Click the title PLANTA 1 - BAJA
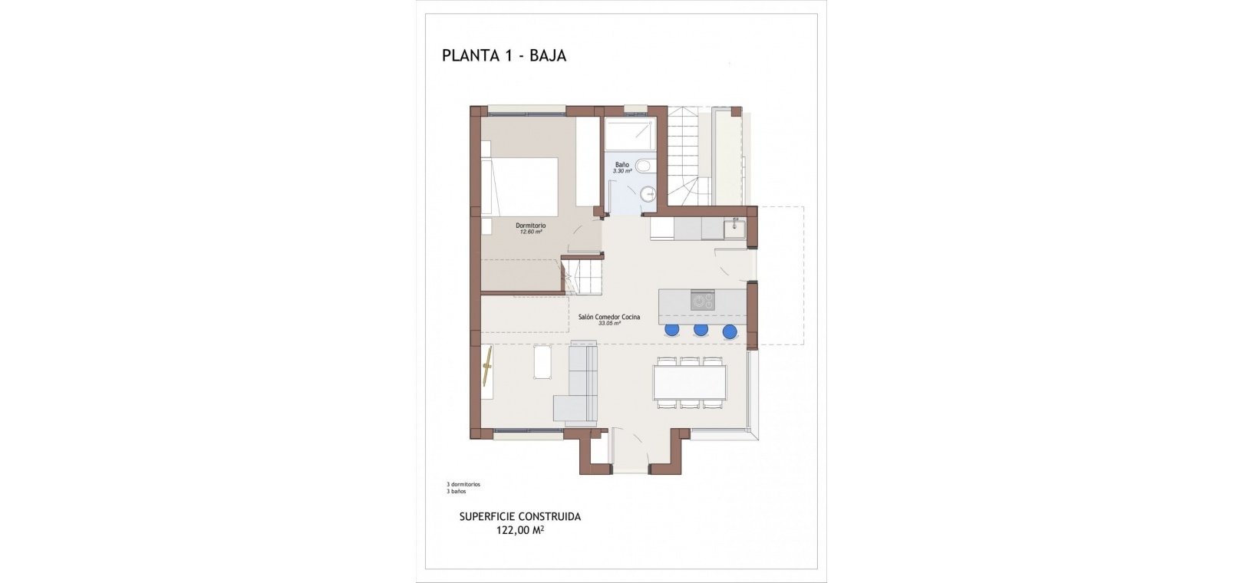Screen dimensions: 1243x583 tap(504, 55)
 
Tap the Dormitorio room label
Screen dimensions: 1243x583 tap(530, 226)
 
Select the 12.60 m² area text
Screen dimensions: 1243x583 tap(530, 232)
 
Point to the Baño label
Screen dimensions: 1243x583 tap(622, 165)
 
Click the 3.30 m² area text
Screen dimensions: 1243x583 tap(622, 171)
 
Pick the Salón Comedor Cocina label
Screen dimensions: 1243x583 tap(609, 318)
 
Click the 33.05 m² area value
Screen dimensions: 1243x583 tap(609, 324)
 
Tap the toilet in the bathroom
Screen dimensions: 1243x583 tap(645, 165)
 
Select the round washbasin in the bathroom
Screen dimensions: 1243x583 tap(648, 193)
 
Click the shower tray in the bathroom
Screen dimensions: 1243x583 tap(630, 134)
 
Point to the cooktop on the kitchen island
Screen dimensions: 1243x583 tap(703, 300)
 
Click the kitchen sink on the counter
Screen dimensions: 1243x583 tap(735, 228)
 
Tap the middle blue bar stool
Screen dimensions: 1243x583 tap(701, 330)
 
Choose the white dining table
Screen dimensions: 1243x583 tap(690, 382)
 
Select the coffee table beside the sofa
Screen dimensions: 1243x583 tap(542, 362)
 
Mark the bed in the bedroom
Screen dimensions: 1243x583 tap(519, 187)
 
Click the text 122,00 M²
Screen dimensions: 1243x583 tap(520, 530)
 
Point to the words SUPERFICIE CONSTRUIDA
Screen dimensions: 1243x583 tap(520, 516)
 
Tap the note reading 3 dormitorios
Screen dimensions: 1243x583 tap(463, 484)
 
